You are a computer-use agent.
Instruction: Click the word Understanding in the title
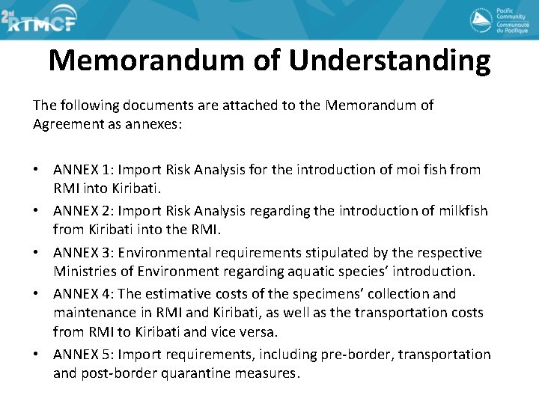click(x=389, y=61)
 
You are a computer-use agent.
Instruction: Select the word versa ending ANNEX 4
click(x=259, y=331)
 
